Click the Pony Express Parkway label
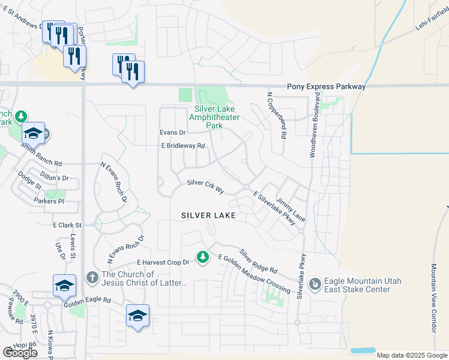[x=326, y=87]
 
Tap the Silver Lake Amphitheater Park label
[x=206, y=118]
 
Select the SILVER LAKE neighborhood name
[x=208, y=215]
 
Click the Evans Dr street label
[x=172, y=132]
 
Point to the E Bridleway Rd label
[x=182, y=146]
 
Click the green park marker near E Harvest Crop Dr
[x=203, y=257]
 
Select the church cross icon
[x=92, y=278]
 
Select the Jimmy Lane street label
[x=291, y=210]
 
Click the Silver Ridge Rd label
[x=258, y=261]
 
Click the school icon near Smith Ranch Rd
[x=34, y=134]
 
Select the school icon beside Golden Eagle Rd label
[x=65, y=286]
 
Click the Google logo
[x=20, y=353]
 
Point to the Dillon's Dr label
[x=55, y=178]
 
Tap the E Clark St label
[x=67, y=225]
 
